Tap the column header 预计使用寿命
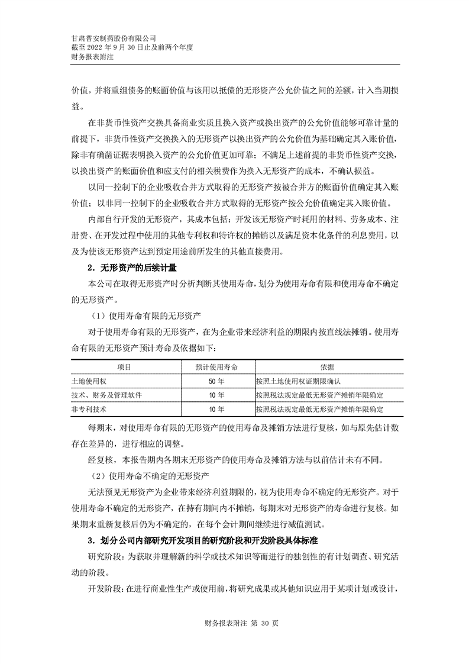[216, 367]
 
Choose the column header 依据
[327, 367]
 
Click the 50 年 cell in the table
[216, 381]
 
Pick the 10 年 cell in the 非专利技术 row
[216, 409]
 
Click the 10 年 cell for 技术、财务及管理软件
[216, 395]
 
